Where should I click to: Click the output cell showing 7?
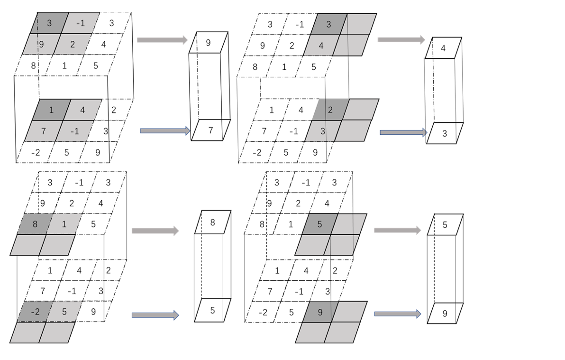pyautogui.click(x=211, y=130)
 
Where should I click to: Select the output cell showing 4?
pyautogui.click(x=443, y=48)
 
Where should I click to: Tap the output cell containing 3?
pyautogui.click(x=445, y=134)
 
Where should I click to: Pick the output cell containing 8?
pyautogui.click(x=212, y=222)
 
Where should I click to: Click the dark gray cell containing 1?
pyautogui.click(x=51, y=110)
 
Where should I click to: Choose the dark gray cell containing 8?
pyautogui.click(x=35, y=224)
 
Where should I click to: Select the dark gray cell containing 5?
pyautogui.click(x=319, y=224)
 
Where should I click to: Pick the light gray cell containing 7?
pyautogui.click(x=44, y=131)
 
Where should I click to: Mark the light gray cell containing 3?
pyautogui.click(x=323, y=131)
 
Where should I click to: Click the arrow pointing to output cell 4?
pyautogui.click(x=401, y=40)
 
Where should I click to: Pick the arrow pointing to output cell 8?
pyautogui.click(x=155, y=231)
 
